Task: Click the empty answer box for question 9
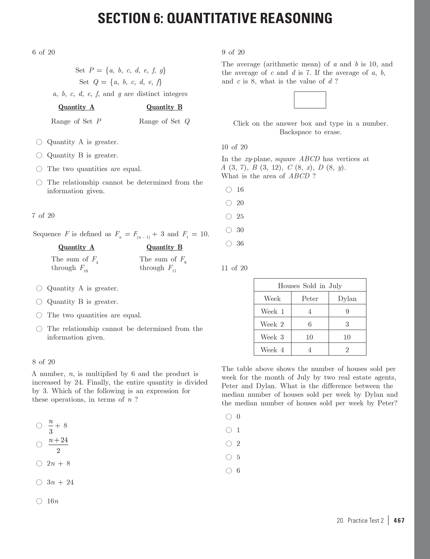(310, 100)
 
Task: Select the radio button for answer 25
(229, 217)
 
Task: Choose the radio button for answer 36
(229, 244)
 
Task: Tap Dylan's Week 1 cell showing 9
(347, 311)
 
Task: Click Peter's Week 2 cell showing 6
(310, 324)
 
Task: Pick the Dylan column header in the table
(347, 299)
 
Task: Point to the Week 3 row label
(272, 337)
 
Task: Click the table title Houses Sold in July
(310, 286)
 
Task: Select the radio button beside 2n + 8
(39, 464)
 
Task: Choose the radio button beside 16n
(39, 501)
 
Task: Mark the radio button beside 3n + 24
(39, 482)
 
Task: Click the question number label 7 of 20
(43, 216)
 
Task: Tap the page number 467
(399, 520)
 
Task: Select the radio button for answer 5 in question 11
(229, 457)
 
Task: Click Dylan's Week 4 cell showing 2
(347, 350)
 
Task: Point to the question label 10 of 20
(234, 147)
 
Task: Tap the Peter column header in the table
(310, 299)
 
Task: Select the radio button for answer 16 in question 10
(229, 190)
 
